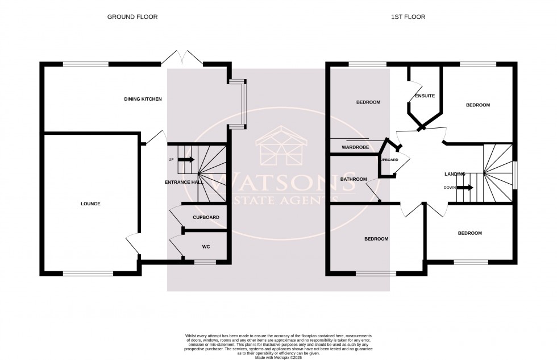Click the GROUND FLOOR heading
pyautogui.click(x=132, y=17)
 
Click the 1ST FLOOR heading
pyautogui.click(x=409, y=17)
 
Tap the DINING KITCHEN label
pyautogui.click(x=143, y=100)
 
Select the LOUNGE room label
pyautogui.click(x=90, y=203)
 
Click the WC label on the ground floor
pyautogui.click(x=206, y=247)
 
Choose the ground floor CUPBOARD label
pyautogui.click(x=206, y=217)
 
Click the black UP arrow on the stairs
pyautogui.click(x=186, y=159)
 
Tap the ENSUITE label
pyautogui.click(x=425, y=96)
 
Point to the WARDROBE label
pyautogui.click(x=355, y=147)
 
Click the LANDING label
pyautogui.click(x=455, y=174)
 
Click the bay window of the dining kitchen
pyautogui.click(x=243, y=103)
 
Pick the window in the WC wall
pyautogui.click(x=205, y=262)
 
